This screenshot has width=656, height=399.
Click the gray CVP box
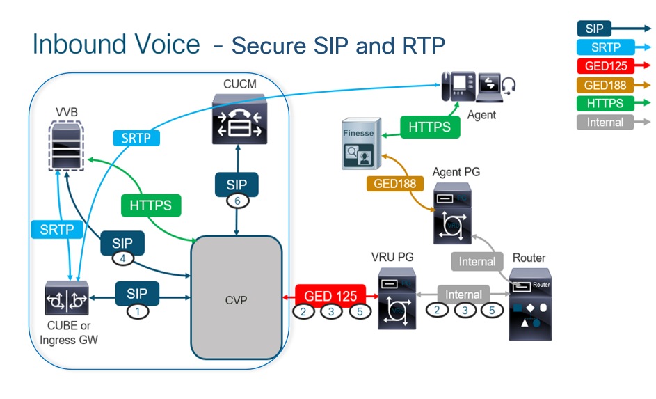pyautogui.click(x=236, y=299)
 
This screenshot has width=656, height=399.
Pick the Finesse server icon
pyautogui.click(x=360, y=146)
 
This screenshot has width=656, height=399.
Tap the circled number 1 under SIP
pyautogui.click(x=138, y=311)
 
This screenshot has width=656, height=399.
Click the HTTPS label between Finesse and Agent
pyautogui.click(x=429, y=127)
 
